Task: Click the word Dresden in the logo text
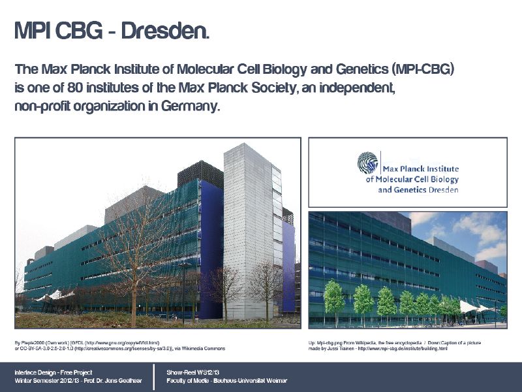[444, 190]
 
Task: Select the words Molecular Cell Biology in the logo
[417, 179]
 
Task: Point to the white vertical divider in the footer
[155, 376]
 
